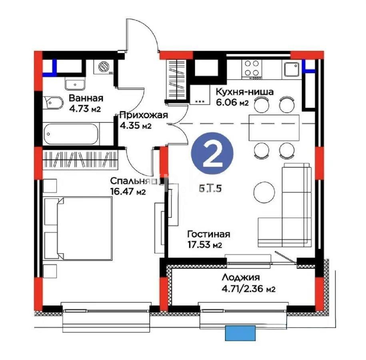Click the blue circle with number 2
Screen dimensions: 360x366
(x=212, y=156)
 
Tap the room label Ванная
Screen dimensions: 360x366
(x=86, y=98)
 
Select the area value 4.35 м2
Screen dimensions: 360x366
(x=135, y=126)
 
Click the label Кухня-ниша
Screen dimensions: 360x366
(x=244, y=92)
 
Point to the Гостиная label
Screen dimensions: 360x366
(x=209, y=234)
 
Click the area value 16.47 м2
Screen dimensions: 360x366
(x=128, y=191)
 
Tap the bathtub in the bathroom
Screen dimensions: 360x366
(x=71, y=134)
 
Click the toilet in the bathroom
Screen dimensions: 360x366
(x=52, y=103)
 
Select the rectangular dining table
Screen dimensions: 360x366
(x=274, y=128)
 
